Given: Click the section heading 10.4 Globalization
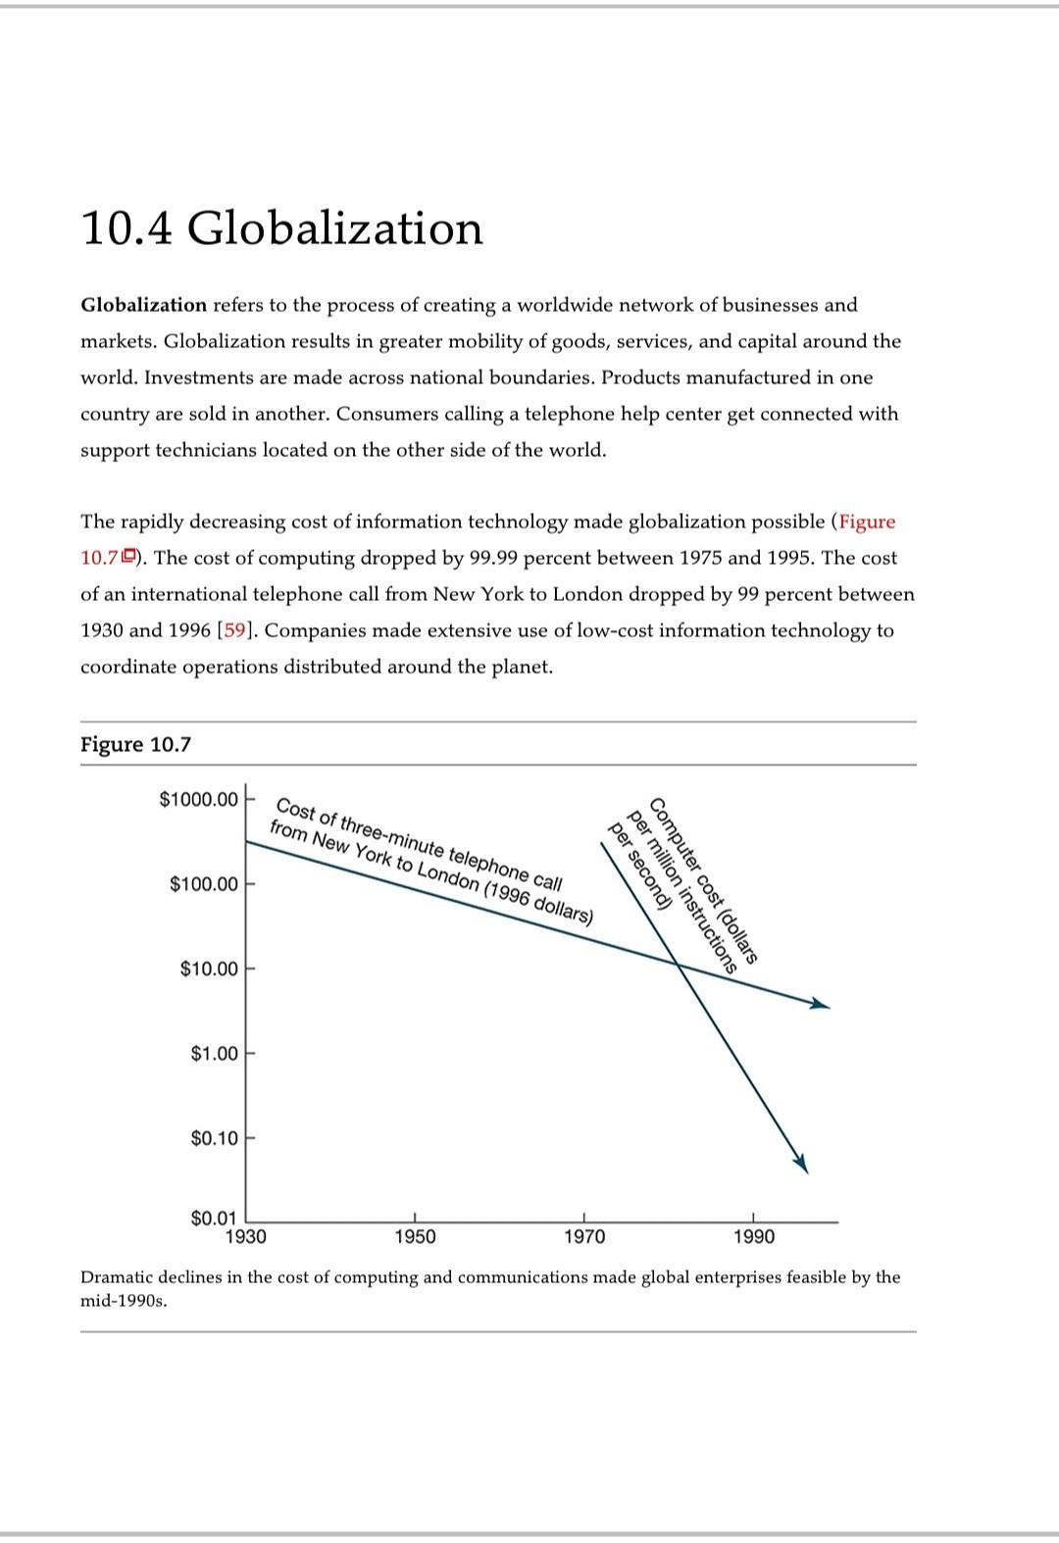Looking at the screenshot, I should (x=281, y=228).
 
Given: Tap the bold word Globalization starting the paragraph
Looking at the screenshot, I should (x=143, y=305).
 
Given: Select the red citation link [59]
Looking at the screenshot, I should (x=235, y=630).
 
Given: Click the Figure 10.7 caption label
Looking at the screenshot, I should (x=135, y=744).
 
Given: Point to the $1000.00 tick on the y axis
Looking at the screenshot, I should (x=198, y=800).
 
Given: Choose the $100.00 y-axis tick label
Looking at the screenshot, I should (x=203, y=884).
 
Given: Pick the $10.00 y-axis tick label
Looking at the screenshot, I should (x=209, y=970).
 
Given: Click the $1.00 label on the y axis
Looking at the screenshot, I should (x=214, y=1054).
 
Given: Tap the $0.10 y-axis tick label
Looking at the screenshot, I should (x=214, y=1138).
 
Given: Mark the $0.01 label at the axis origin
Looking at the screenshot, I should (x=214, y=1219).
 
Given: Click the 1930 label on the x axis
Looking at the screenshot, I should (x=245, y=1237).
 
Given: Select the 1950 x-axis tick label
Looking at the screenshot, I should (x=415, y=1237).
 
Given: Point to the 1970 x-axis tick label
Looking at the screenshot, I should (x=584, y=1237).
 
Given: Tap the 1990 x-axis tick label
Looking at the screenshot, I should (x=754, y=1237).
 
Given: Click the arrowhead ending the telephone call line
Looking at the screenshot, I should (x=822, y=1005).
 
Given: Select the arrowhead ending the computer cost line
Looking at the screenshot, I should (x=801, y=1164).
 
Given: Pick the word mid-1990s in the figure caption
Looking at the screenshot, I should (x=123, y=1302).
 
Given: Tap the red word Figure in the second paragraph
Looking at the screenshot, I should (x=867, y=522).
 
